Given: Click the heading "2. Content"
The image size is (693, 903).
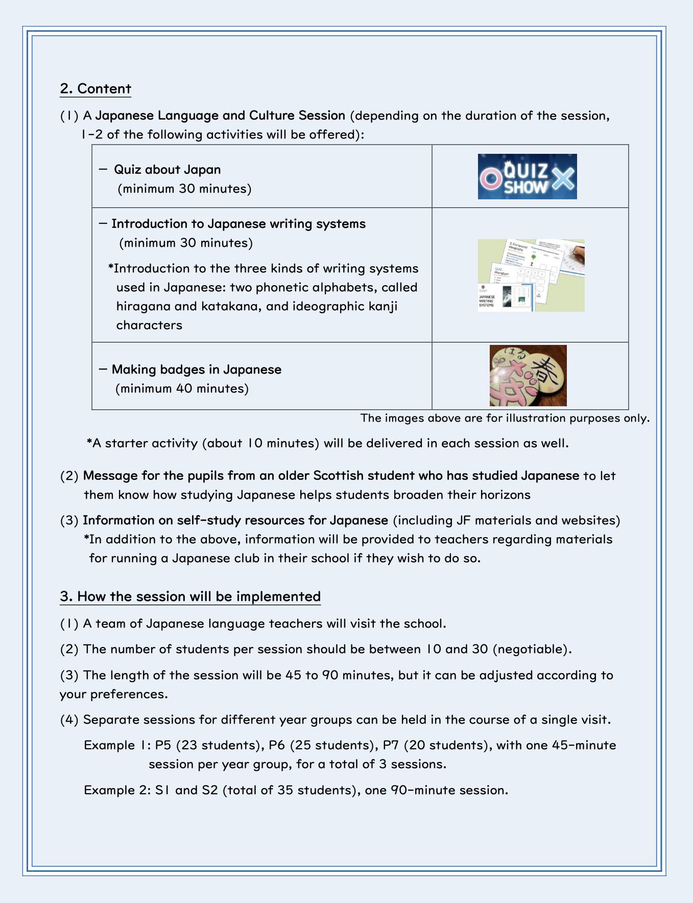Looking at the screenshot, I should [95, 89].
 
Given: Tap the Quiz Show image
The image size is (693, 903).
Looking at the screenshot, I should [527, 177].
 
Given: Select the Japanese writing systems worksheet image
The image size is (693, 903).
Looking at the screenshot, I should [531, 275].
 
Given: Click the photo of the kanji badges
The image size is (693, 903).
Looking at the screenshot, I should [528, 376].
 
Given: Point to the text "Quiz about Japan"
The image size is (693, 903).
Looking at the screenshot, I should [167, 170].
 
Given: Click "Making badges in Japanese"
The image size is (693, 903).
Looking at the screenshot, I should [196, 369].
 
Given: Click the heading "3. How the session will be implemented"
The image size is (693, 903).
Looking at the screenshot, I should [190, 597].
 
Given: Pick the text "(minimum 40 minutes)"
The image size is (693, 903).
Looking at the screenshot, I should [182, 389].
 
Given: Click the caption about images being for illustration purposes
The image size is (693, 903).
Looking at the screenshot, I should [505, 419].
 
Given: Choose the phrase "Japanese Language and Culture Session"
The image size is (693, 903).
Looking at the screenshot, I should [220, 115].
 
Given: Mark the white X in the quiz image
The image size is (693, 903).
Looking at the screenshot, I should [562, 178].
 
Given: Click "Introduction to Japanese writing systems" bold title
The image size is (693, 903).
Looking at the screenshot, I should [238, 224].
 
